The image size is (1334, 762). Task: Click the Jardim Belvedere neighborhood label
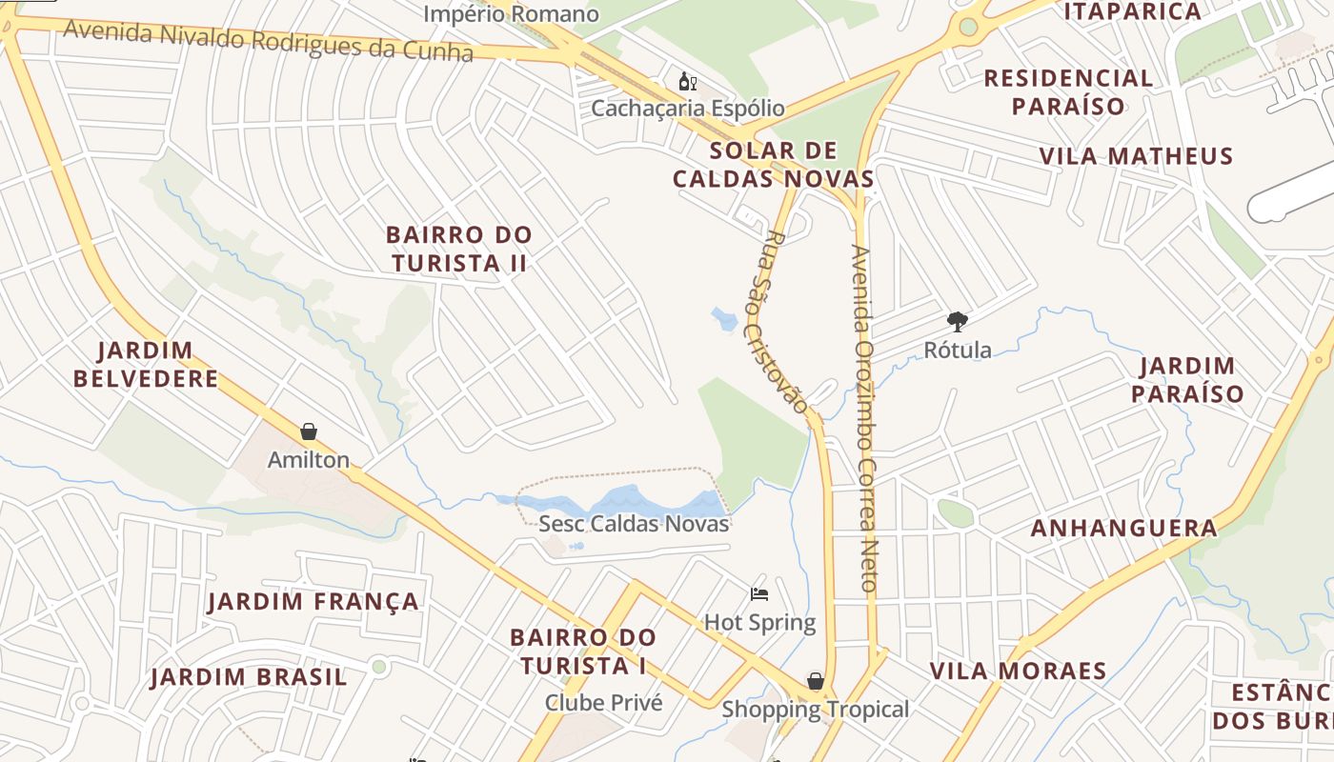coord(145,365)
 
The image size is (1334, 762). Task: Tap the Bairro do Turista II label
coord(458,249)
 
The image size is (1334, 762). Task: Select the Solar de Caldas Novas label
coord(774,165)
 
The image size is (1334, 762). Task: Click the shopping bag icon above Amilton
coord(308,432)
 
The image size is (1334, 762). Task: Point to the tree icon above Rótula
coord(958,322)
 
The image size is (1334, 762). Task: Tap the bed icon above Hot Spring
coord(759,595)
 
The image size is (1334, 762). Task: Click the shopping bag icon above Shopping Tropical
coord(816,681)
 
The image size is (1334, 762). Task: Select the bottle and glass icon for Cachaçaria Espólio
coord(687,82)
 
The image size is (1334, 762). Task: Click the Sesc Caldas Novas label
coord(634,524)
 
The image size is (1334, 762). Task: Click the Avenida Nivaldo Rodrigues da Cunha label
coord(269,40)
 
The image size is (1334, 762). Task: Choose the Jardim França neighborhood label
coord(313,602)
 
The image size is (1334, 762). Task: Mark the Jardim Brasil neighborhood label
coord(249,677)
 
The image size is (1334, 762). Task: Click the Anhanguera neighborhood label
coord(1123,529)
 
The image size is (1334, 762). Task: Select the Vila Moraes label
coord(1018,671)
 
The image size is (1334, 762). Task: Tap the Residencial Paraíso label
coord(1068,91)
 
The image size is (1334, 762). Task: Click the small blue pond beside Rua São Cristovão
coord(723,318)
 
